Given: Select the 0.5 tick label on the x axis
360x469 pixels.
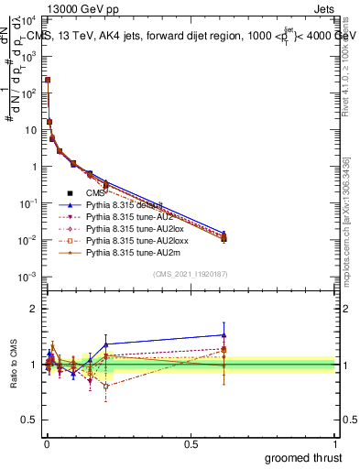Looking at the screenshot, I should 191,443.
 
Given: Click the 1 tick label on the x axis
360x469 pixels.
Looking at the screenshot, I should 334,443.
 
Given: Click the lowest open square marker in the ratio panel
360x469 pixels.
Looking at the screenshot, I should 106,386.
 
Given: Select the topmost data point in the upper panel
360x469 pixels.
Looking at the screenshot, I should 48,80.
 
